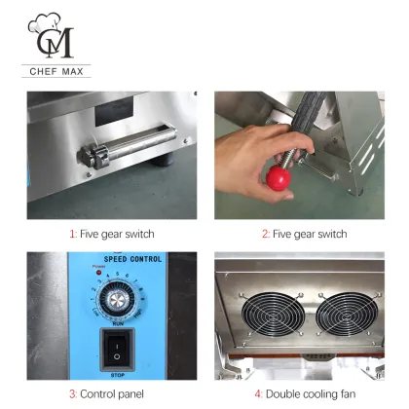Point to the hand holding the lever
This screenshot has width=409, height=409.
257,155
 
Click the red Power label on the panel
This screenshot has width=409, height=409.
97,266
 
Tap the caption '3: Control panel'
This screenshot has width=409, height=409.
106,393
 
